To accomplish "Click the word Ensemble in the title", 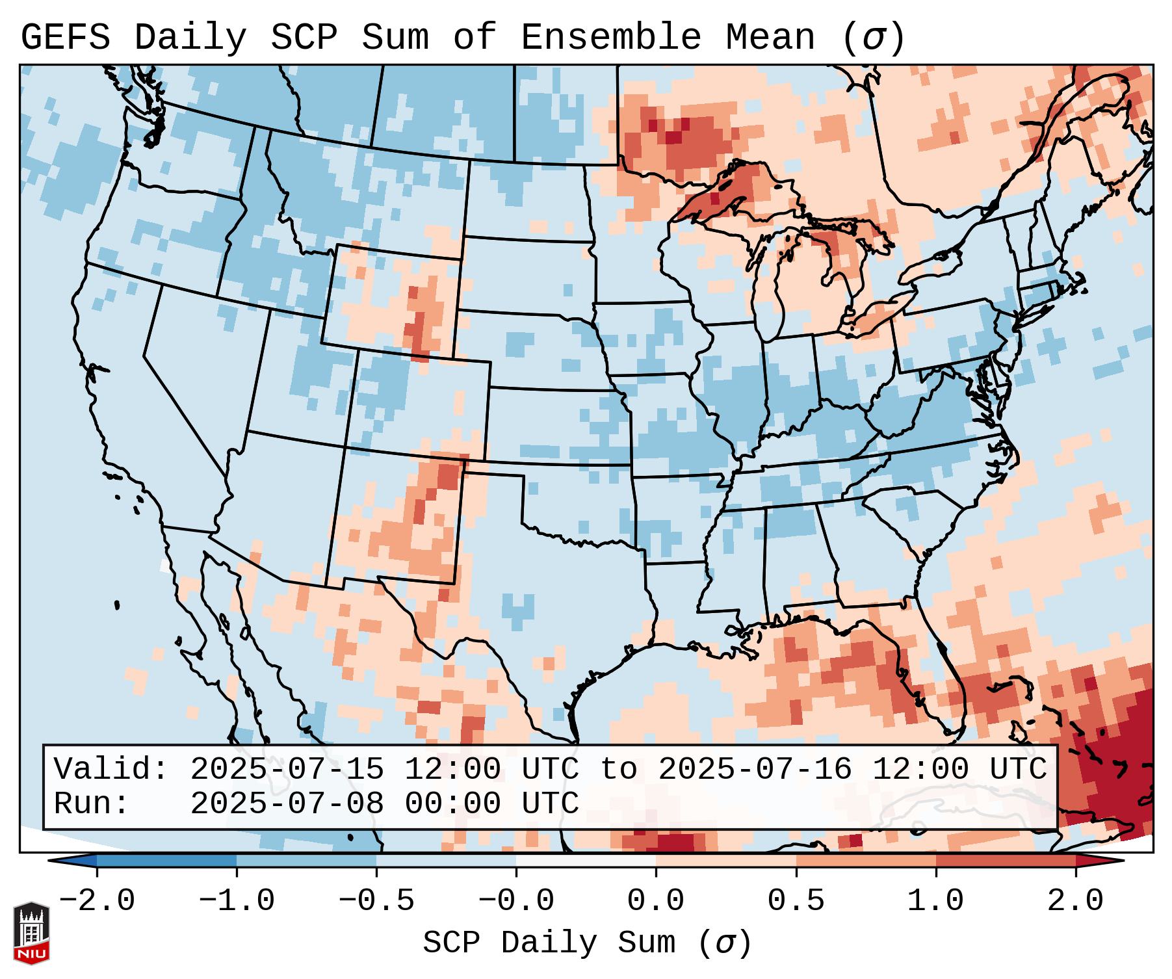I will (x=611, y=38).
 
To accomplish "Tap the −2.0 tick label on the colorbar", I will (x=97, y=901).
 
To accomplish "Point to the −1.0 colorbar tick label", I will (x=237, y=901).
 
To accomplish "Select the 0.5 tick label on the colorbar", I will (x=796, y=901).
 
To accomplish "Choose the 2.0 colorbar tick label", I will (x=1076, y=901).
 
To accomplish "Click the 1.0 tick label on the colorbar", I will (x=936, y=901).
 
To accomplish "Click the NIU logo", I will (x=31, y=933).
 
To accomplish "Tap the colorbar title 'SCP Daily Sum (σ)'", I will (x=587, y=943).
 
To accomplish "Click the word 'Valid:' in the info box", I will (x=111, y=770).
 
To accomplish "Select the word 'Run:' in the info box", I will (x=92, y=803).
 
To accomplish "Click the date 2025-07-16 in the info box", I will (x=755, y=770).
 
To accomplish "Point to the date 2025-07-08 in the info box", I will (x=287, y=803).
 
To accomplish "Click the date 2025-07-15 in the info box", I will (x=287, y=770).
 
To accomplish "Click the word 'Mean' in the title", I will (x=770, y=38).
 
